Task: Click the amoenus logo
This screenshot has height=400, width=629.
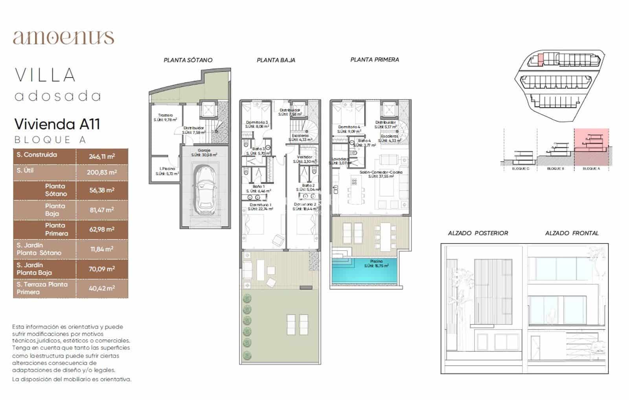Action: point(63,37)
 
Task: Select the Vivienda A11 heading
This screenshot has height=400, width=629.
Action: point(57,124)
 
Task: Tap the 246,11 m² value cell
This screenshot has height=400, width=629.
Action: point(102,157)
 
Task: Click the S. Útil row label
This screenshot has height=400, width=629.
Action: point(25,170)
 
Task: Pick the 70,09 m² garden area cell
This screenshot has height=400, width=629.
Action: point(102,269)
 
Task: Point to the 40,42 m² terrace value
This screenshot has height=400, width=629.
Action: point(102,288)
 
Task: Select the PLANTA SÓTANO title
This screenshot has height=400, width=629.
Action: point(188,60)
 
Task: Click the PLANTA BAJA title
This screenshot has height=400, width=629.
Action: point(276,60)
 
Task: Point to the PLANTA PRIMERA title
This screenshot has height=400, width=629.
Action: point(374,60)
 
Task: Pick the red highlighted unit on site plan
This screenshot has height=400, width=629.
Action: point(540,59)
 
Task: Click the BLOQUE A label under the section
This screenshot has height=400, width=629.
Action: point(591,169)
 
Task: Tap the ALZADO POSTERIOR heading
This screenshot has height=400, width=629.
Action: point(478,233)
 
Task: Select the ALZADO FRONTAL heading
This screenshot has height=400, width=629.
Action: point(572,233)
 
